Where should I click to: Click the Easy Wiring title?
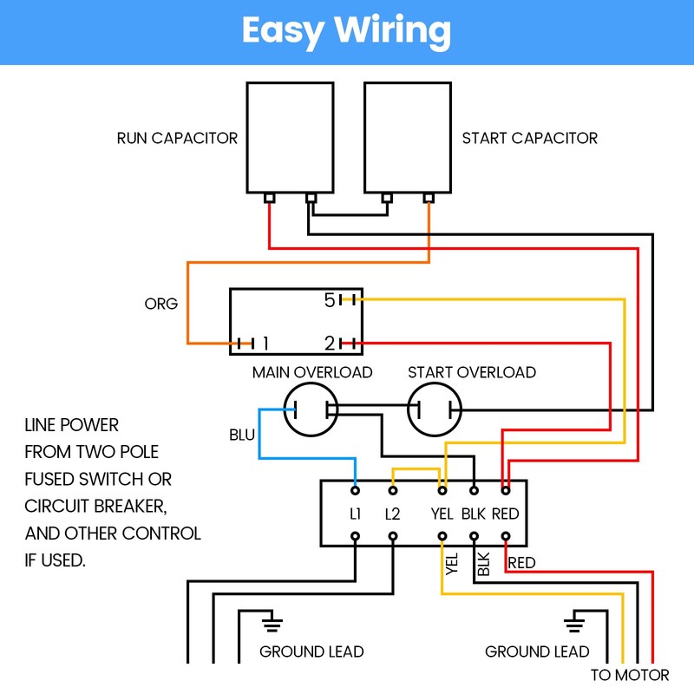tap(346, 31)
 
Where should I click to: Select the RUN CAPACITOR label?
tap(177, 138)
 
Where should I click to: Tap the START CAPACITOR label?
tap(530, 138)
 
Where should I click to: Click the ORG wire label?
tap(161, 304)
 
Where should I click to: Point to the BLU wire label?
tap(242, 435)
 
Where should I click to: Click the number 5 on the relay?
tap(330, 300)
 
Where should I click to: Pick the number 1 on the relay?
tap(265, 343)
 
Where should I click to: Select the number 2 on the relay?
tap(331, 343)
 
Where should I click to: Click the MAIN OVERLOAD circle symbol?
tap(284, 409)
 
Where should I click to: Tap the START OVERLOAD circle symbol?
tap(408, 409)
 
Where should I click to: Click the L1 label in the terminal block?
tap(356, 514)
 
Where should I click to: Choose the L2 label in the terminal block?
tap(393, 514)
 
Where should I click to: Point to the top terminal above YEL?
tap(442, 490)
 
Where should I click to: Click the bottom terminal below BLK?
tap(474, 536)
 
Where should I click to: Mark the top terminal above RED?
tap(506, 490)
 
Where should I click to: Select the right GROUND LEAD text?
tap(537, 651)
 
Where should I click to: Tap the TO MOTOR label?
tap(630, 675)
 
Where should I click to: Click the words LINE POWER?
tap(72, 425)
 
